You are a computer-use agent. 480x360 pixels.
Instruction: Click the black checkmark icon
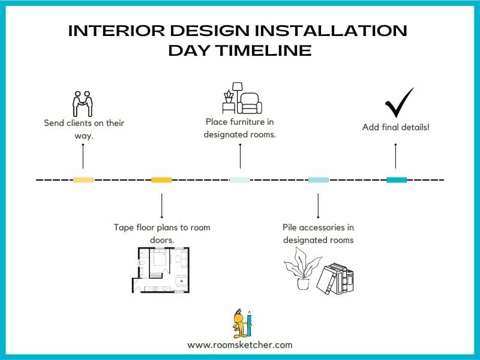point(399,103)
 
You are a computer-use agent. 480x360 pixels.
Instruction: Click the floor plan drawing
point(160,270)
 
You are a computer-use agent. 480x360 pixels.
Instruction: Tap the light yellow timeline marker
point(83,180)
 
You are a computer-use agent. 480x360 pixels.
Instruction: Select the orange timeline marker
point(161,180)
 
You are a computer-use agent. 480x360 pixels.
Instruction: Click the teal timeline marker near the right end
point(397,180)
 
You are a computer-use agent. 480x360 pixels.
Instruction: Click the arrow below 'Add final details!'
point(395,155)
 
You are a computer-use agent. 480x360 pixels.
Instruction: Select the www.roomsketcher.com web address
point(240,345)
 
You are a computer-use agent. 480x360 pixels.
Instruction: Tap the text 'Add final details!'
point(395,127)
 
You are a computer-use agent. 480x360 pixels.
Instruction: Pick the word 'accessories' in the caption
point(326,227)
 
